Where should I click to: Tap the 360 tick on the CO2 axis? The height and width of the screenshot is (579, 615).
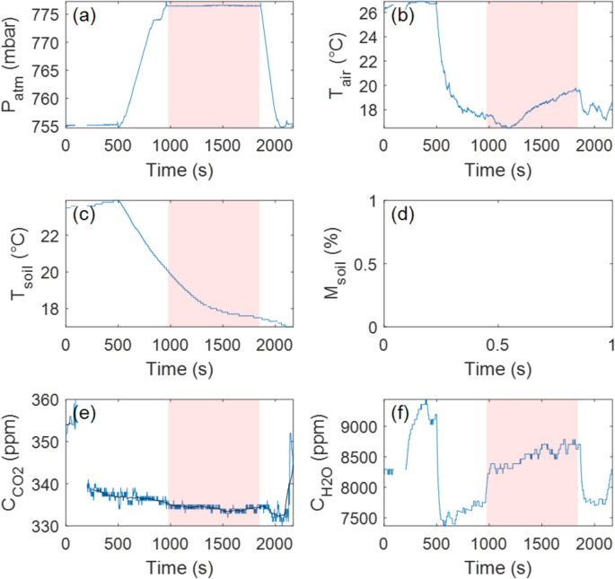[48, 400]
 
